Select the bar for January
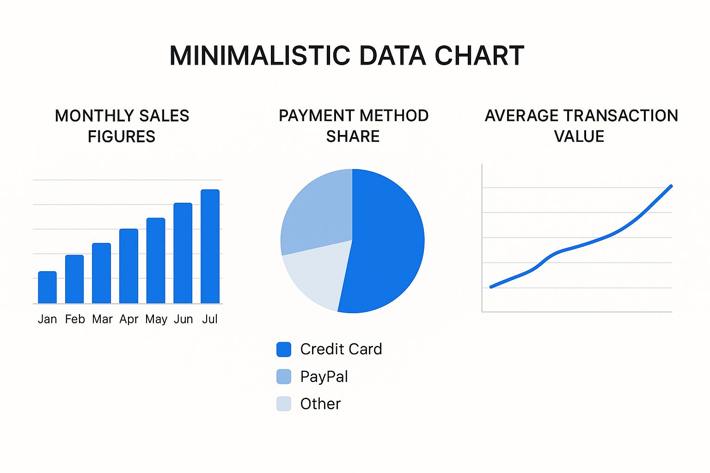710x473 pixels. tap(47, 287)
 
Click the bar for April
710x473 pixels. tap(129, 266)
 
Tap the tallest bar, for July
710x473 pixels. tap(210, 247)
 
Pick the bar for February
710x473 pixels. tap(74, 279)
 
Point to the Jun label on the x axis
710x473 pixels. tap(183, 319)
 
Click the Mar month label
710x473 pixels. tap(102, 319)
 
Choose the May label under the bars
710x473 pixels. tap(156, 320)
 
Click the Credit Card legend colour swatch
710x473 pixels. tap(284, 350)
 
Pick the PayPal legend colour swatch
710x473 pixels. tap(284, 376)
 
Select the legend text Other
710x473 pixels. tap(320, 404)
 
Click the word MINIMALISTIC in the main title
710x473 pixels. tap(260, 55)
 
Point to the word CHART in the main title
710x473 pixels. tap(479, 55)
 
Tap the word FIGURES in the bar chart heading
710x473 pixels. tap(122, 137)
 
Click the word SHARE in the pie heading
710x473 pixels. tap(353, 137)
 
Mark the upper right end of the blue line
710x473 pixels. tap(671, 186)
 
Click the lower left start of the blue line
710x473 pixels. tap(491, 287)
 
